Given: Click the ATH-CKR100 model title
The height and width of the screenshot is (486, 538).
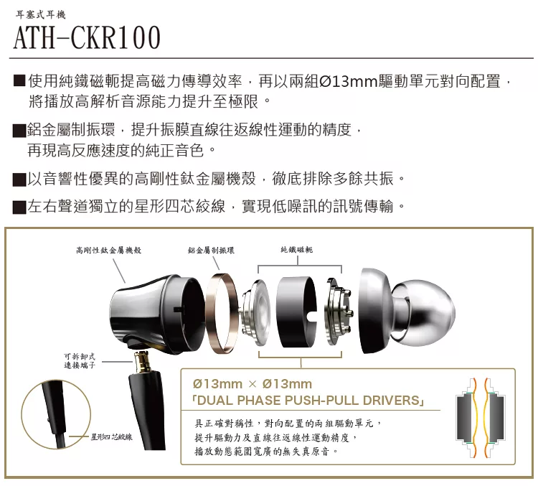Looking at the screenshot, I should tap(87, 37).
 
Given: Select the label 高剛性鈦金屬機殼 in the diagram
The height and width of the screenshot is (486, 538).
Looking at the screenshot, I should tap(108, 250).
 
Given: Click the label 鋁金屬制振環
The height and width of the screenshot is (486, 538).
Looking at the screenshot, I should tap(212, 250).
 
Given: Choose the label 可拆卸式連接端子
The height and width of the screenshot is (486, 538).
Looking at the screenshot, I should tap(77, 360).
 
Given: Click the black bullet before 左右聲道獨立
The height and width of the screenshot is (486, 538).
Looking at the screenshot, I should tap(19, 208).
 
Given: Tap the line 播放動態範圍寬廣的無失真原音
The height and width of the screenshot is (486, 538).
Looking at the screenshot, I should tap(265, 452).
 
